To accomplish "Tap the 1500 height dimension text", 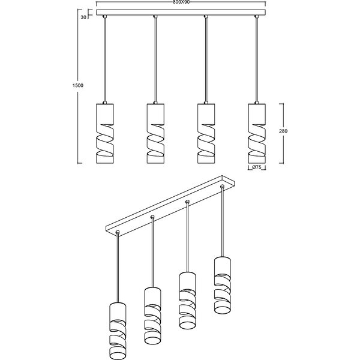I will tap(77, 86).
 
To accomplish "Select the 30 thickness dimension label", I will tap(85, 17).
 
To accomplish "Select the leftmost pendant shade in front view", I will tap(104, 133).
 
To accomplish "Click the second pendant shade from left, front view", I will tap(155, 133).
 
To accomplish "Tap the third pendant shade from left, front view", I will tap(206, 133).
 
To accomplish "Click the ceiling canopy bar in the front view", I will tap(181, 14).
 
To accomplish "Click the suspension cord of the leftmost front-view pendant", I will tap(104, 60).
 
